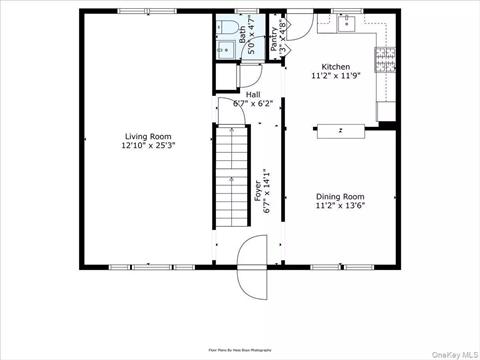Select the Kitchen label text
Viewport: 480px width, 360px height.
pos(335,67)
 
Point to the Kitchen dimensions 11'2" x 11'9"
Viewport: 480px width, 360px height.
pos(335,76)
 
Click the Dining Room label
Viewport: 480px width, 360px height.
pos(340,197)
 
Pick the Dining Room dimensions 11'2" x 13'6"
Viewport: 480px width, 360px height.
pos(340,206)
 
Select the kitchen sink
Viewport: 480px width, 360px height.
pos(349,25)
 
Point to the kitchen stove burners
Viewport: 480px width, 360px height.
pos(383,59)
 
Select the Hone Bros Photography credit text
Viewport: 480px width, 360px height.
pos(240,350)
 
